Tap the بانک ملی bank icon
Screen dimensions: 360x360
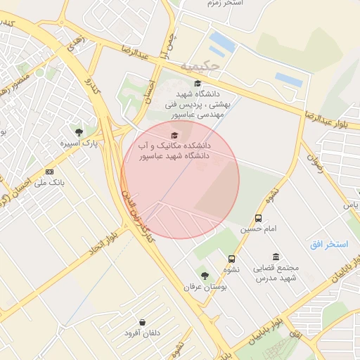49,172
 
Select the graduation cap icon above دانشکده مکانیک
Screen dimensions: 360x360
174,135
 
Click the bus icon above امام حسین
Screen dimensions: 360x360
258,219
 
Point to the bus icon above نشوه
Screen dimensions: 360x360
232,259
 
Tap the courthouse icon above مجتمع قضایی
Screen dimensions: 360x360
274,257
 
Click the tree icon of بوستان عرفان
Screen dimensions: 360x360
205,276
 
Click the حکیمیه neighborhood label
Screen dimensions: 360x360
200,66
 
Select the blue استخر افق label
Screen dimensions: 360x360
329,244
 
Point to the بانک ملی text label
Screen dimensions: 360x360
49,182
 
